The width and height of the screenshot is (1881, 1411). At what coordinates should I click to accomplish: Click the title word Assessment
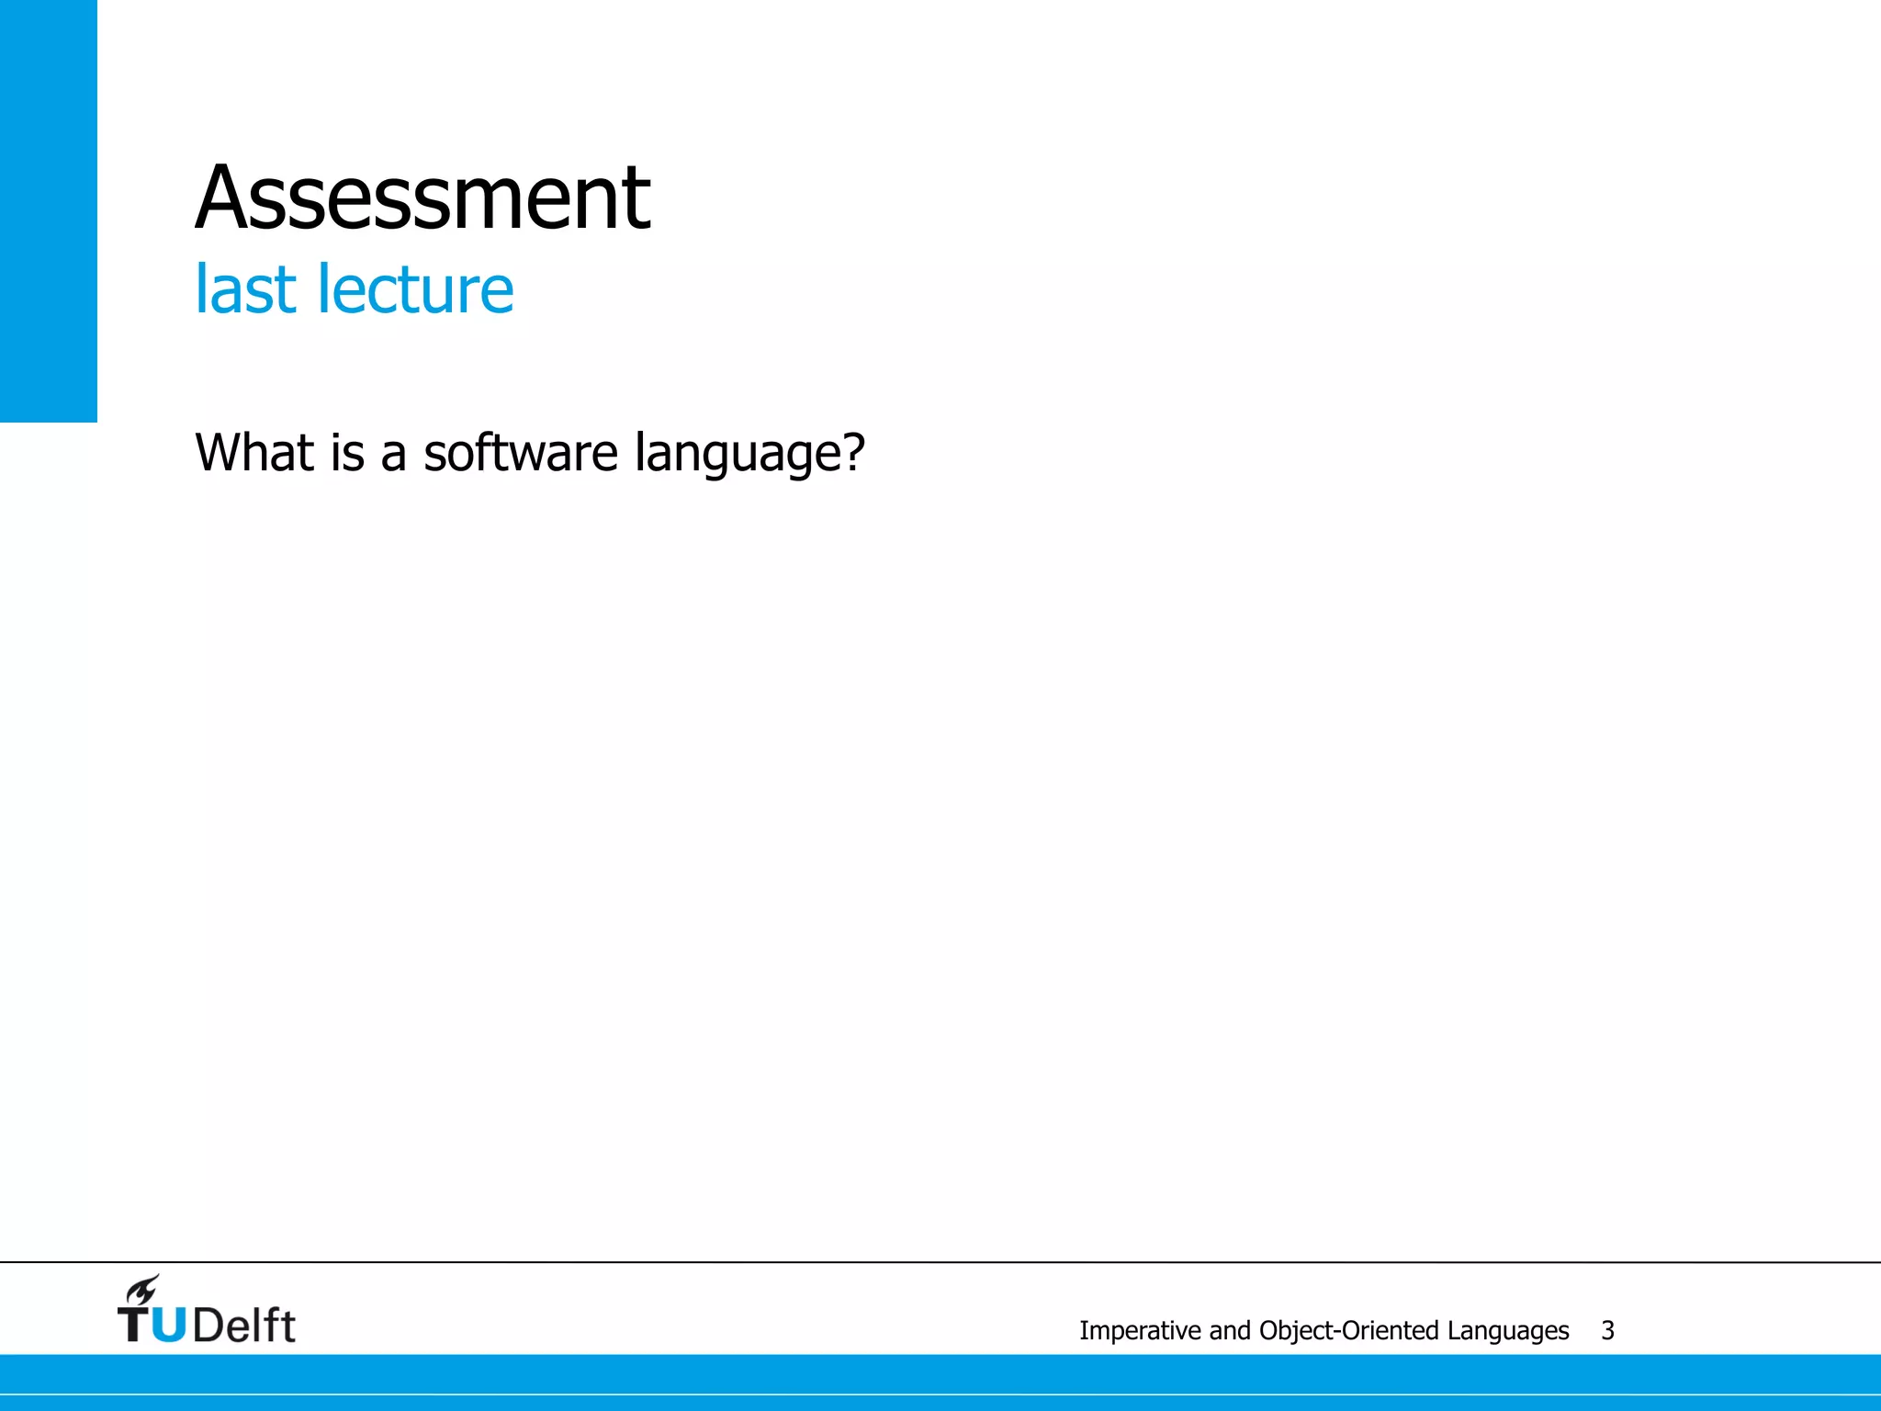(x=422, y=198)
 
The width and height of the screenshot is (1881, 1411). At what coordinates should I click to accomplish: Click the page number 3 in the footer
(x=1607, y=1330)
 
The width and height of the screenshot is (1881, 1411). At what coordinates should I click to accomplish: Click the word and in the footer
(x=1231, y=1330)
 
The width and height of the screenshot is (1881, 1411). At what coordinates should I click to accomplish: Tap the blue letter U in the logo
(x=168, y=1326)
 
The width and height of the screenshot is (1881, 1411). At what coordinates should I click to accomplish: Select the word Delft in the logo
(x=244, y=1326)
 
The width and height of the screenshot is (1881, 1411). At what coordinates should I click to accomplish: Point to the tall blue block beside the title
(x=48, y=211)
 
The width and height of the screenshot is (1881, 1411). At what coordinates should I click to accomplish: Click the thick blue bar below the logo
(x=940, y=1373)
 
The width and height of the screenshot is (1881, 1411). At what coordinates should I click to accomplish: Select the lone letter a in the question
(x=393, y=455)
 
